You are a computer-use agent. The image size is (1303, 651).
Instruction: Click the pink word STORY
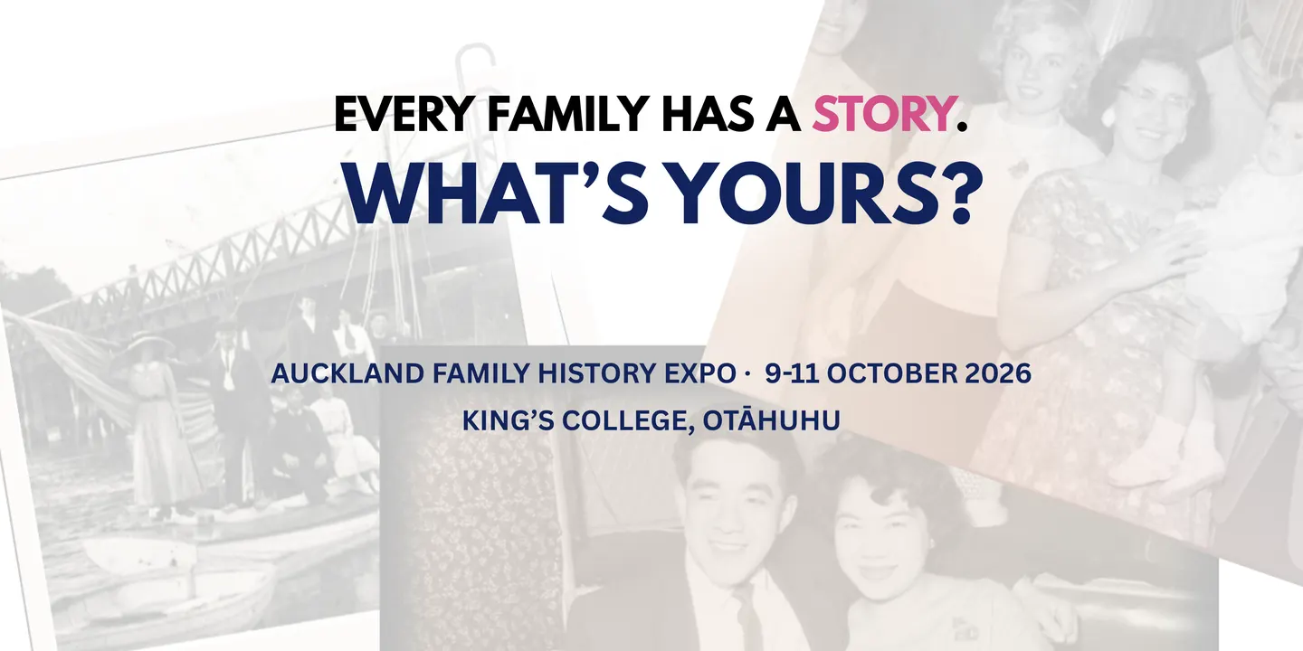coord(881,114)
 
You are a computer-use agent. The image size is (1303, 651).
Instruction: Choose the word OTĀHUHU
coord(771,420)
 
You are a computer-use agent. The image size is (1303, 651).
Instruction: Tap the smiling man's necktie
coord(747,616)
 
